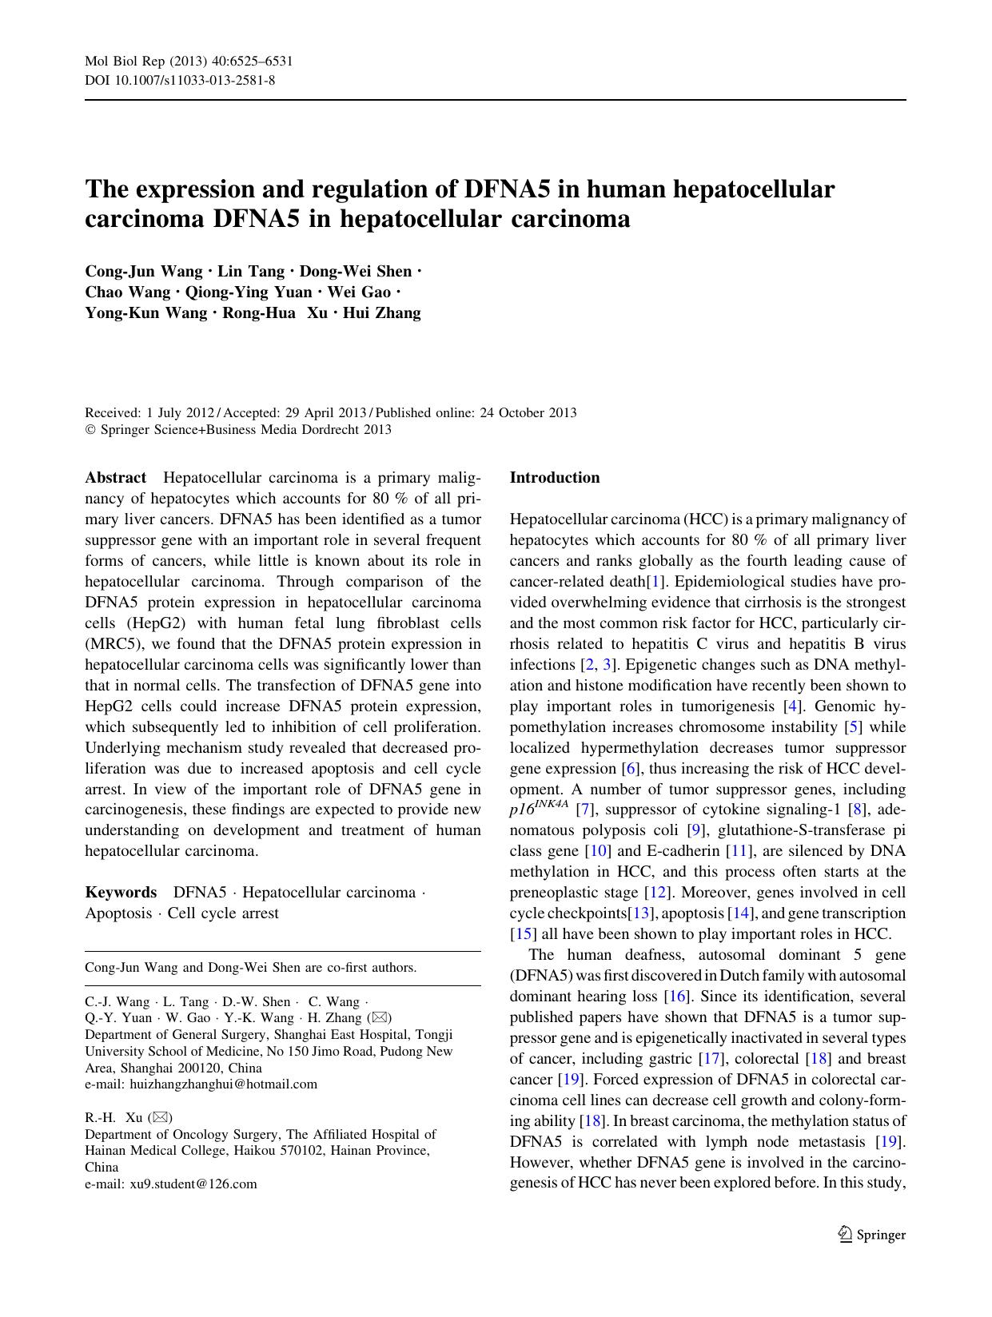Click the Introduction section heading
554,478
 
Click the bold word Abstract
116,478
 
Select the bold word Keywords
121,893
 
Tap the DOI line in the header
180,80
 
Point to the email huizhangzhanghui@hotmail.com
223,1084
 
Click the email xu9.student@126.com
193,1184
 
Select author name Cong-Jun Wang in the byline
144,272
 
